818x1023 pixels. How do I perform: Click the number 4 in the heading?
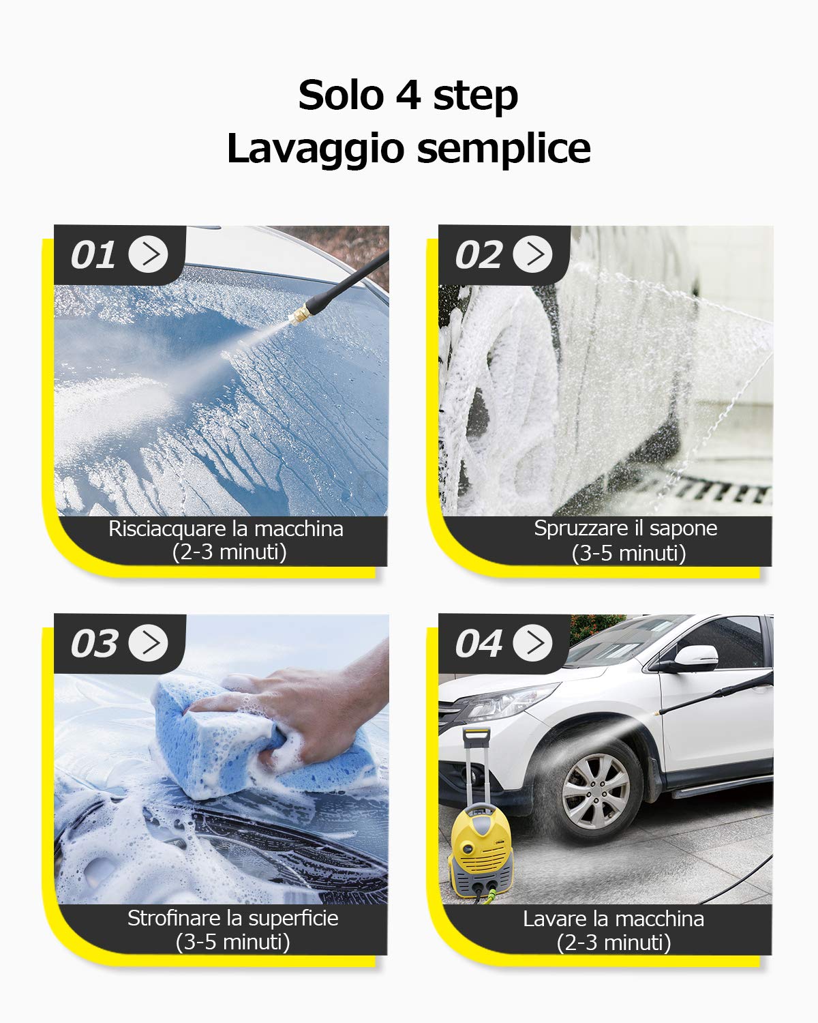(408, 95)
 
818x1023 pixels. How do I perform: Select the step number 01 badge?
(93, 255)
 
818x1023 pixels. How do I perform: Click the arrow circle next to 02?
(533, 254)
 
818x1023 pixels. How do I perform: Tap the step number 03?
(93, 644)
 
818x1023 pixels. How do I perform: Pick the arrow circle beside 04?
(533, 642)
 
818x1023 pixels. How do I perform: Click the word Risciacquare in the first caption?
(167, 529)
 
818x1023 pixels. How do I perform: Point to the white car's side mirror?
(695, 657)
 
